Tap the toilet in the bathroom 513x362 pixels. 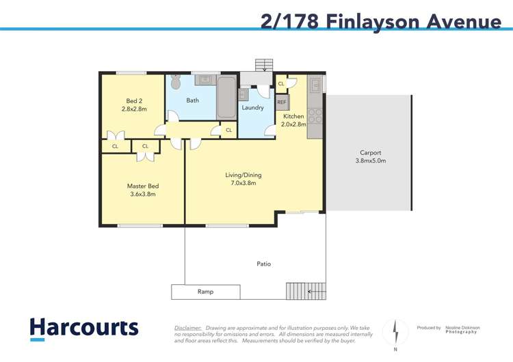176,83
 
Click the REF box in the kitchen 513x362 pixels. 282,102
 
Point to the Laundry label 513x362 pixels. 252,108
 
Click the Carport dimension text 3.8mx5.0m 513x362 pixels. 370,161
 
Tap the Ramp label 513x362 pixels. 205,292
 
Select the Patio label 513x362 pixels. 263,263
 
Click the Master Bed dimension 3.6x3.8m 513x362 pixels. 142,194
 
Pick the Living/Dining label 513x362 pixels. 244,175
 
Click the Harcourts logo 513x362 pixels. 83,329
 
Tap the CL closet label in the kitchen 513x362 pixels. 280,84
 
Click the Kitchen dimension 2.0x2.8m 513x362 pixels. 293,125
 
